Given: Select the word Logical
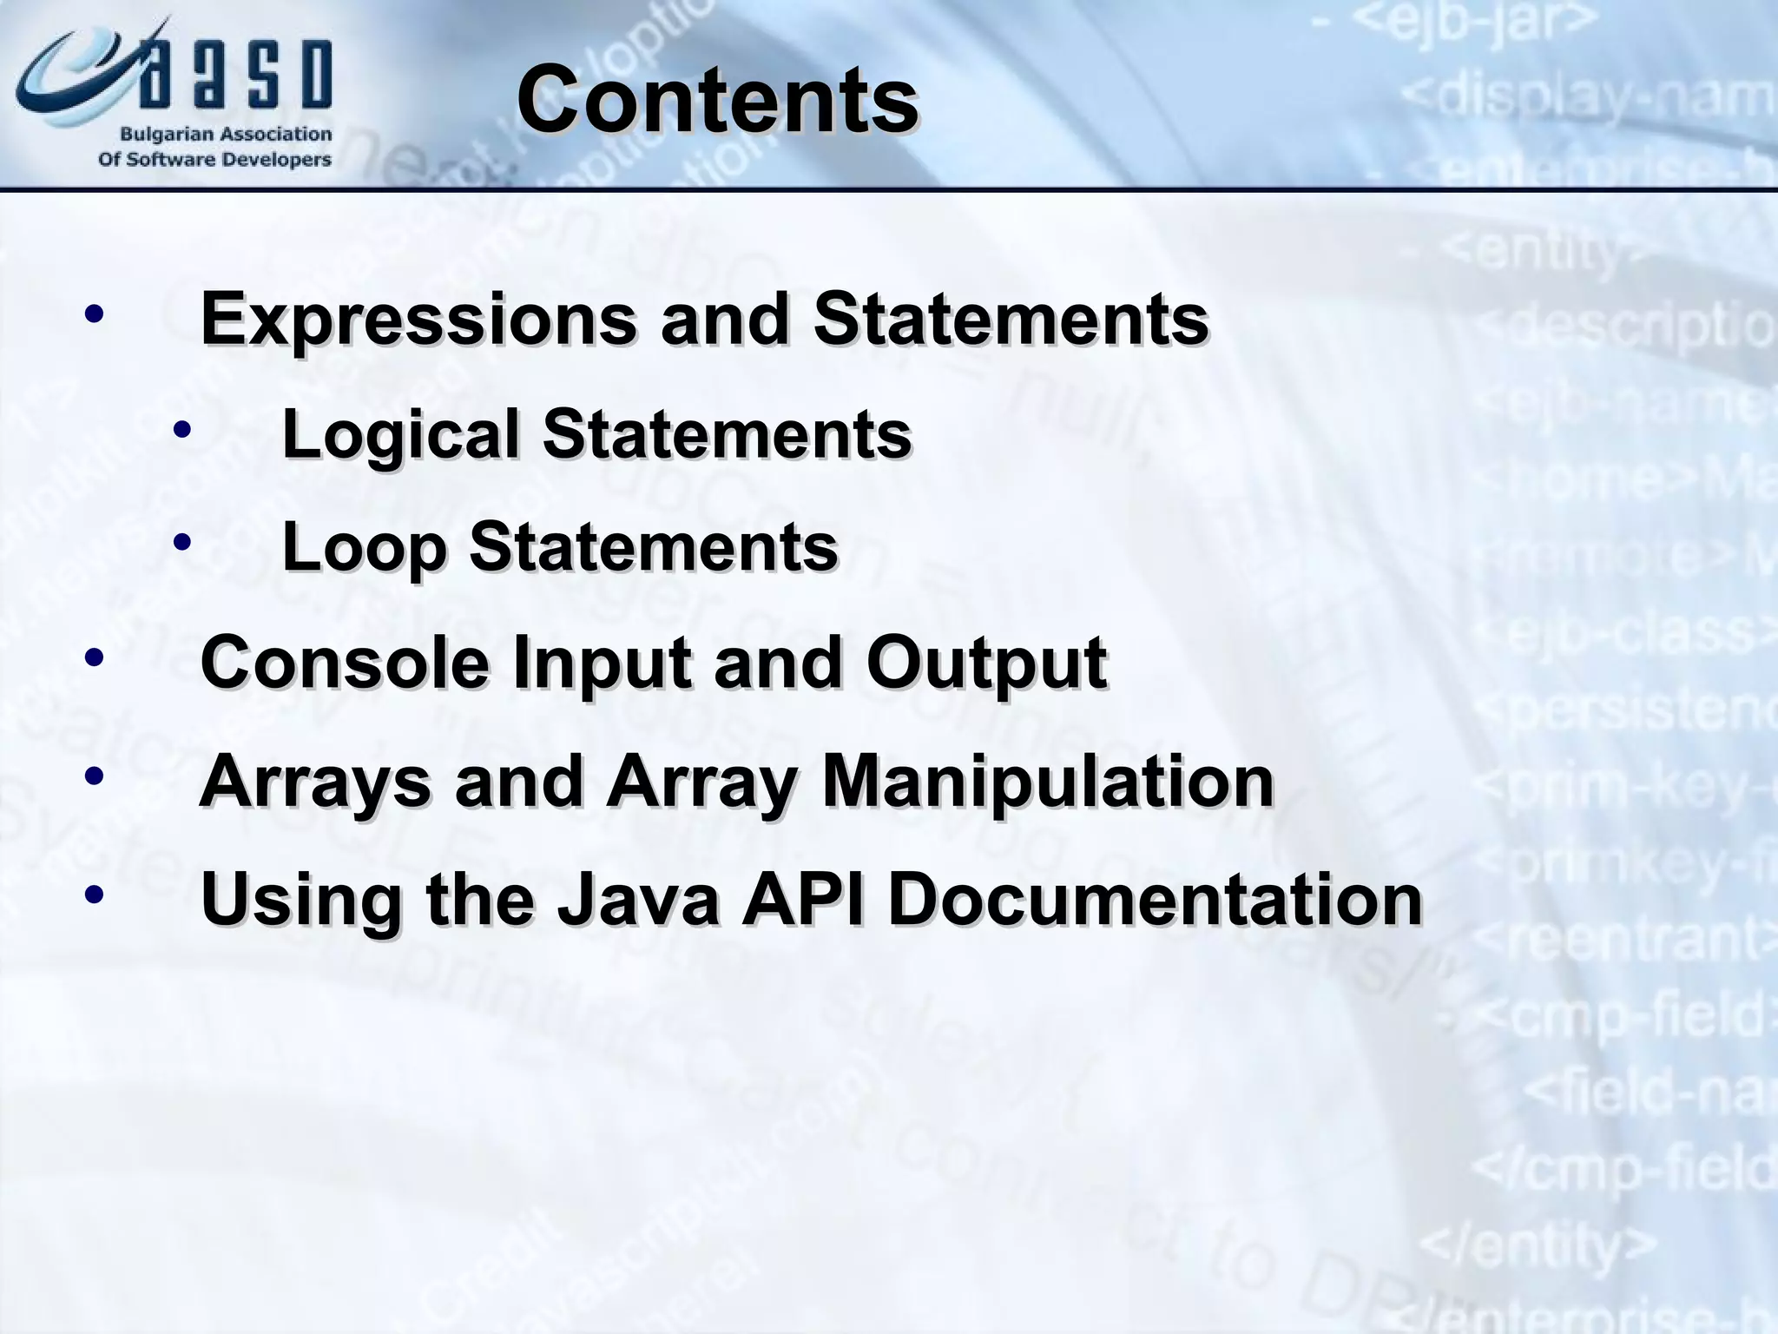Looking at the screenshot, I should tap(399, 434).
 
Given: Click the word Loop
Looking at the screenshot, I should tap(364, 548).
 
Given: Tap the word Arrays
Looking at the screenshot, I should tap(314, 782).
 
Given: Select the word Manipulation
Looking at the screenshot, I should tap(1047, 782).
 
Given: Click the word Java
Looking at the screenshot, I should tap(638, 899).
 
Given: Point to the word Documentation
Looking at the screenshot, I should tap(1155, 899).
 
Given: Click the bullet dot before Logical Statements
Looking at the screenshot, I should tap(181, 429).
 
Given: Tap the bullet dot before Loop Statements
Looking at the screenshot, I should tap(181, 543).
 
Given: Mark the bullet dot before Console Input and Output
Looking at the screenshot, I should tap(95, 658).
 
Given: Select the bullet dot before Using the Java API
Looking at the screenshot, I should tap(95, 894).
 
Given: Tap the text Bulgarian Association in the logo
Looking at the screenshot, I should tap(226, 135).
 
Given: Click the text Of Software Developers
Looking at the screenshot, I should tap(214, 160).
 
